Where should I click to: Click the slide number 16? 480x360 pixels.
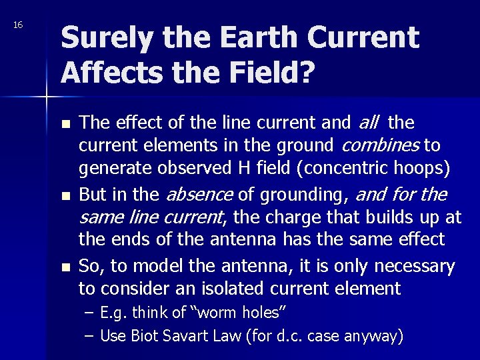tap(18, 25)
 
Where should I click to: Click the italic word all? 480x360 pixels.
tap(368, 122)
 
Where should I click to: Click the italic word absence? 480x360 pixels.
tap(198, 195)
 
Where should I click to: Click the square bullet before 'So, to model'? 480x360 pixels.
tap(65, 267)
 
